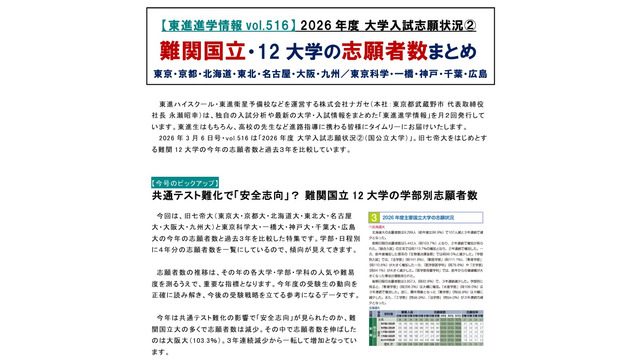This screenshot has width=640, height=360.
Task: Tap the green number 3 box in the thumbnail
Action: click(x=373, y=215)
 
